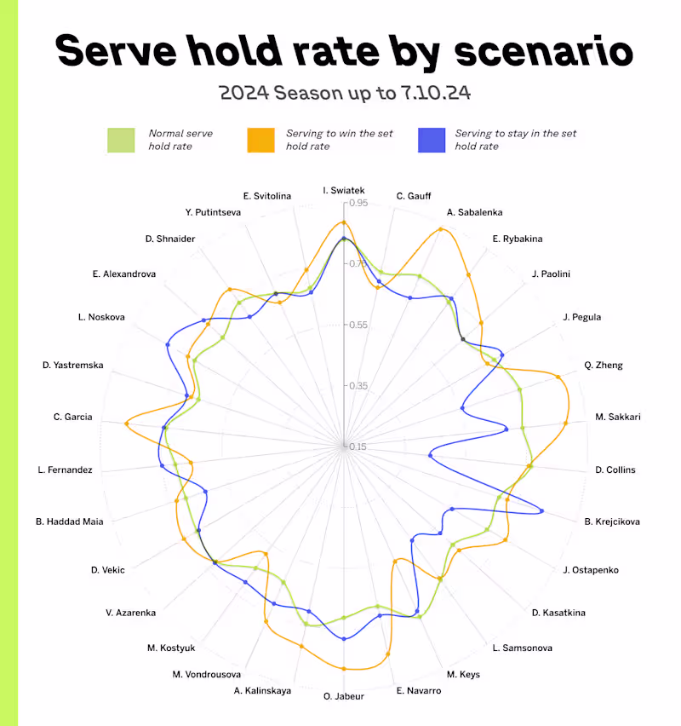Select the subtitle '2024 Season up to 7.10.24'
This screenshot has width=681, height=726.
point(344,92)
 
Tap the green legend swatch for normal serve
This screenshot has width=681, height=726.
point(121,140)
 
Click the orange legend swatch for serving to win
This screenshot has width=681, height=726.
point(261,140)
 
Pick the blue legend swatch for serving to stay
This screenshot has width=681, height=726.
point(432,140)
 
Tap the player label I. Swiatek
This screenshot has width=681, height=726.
point(344,189)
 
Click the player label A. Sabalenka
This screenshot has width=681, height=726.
point(474,212)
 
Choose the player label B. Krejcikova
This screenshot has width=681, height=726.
point(611,521)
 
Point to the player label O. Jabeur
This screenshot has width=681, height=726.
point(344,696)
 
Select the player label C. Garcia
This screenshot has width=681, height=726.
point(72,418)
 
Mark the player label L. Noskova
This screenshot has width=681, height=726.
point(100,317)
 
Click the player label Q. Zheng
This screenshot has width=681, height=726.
point(604,366)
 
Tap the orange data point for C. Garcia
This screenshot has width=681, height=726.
point(127,423)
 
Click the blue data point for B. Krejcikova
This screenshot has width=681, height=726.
point(541,511)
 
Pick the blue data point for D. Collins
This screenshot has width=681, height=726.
point(431,456)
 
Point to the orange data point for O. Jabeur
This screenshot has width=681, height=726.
point(344,669)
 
